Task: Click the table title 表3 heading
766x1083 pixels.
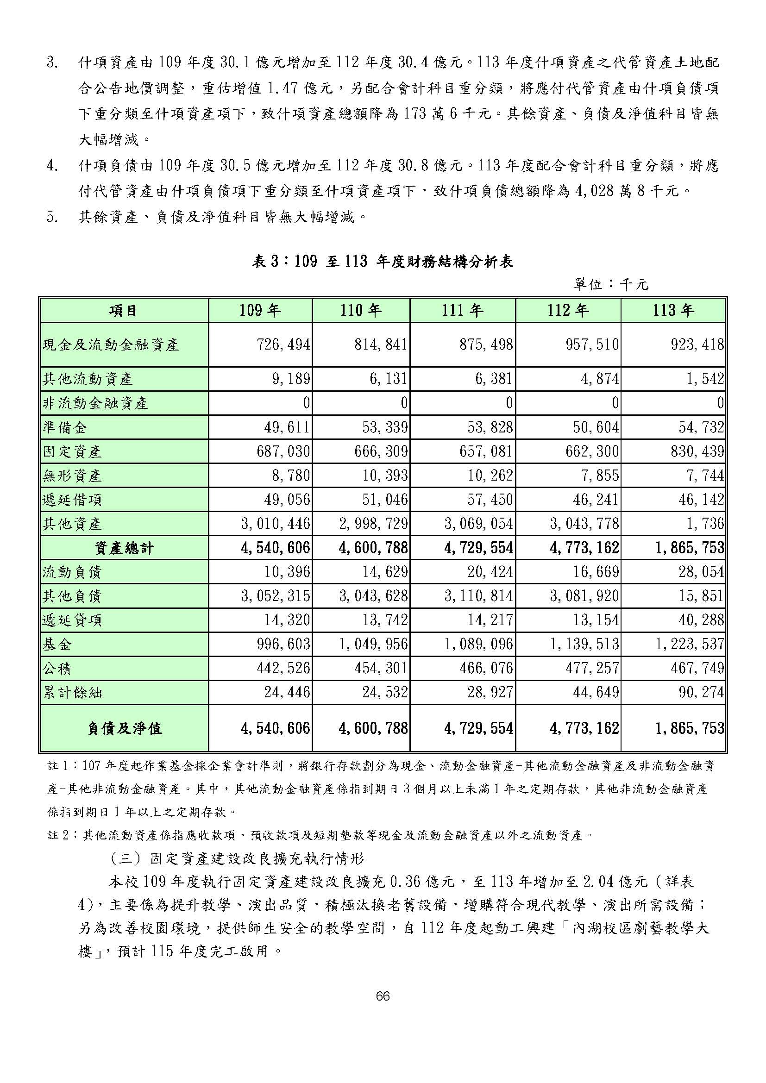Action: point(383,262)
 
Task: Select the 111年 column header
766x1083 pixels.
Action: point(462,310)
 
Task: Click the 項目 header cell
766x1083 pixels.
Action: point(124,310)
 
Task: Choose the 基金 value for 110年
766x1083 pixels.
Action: point(373,645)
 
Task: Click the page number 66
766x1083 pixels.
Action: point(383,996)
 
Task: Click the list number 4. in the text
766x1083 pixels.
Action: point(52,166)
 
